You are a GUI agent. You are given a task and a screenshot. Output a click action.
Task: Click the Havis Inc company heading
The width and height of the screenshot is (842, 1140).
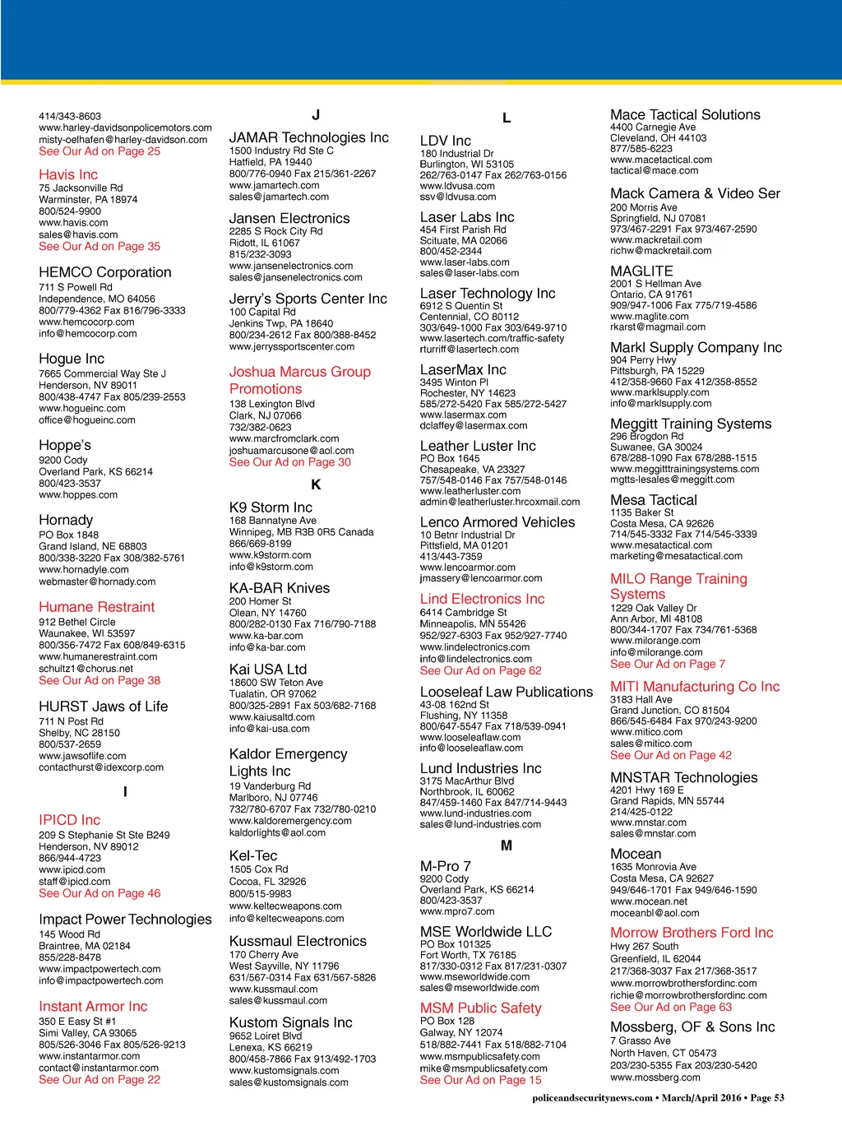click(68, 174)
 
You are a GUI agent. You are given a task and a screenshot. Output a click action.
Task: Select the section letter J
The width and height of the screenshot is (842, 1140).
click(316, 115)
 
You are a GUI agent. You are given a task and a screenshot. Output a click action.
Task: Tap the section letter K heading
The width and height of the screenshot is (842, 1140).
click(316, 484)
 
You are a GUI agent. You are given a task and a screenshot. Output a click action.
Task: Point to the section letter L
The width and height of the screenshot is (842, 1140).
click(507, 118)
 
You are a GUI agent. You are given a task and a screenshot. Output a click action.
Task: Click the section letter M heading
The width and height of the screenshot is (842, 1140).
click(507, 845)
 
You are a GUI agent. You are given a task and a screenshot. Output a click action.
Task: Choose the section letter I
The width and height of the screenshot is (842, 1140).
click(125, 792)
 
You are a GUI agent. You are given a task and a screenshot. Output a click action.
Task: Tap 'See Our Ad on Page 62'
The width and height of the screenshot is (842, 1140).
click(480, 670)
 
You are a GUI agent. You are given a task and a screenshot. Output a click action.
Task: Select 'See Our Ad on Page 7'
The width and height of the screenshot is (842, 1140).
click(668, 664)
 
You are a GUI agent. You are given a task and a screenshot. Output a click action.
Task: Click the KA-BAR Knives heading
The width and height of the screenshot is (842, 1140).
click(280, 588)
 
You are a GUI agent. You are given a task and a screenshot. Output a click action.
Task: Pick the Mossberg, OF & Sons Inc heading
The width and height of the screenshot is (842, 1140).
click(692, 1026)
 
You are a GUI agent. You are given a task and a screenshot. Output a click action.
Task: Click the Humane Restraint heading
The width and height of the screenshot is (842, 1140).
click(96, 607)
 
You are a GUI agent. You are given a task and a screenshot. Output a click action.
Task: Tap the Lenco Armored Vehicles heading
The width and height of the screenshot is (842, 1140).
click(497, 522)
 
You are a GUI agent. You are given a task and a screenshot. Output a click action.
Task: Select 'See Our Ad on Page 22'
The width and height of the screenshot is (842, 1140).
click(99, 1080)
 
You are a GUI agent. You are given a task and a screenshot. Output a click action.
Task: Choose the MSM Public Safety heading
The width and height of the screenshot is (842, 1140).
click(480, 1008)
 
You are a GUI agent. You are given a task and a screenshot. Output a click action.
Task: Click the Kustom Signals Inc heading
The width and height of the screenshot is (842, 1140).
click(290, 1022)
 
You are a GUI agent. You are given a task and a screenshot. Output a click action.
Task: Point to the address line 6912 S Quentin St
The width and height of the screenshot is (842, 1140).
click(461, 306)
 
